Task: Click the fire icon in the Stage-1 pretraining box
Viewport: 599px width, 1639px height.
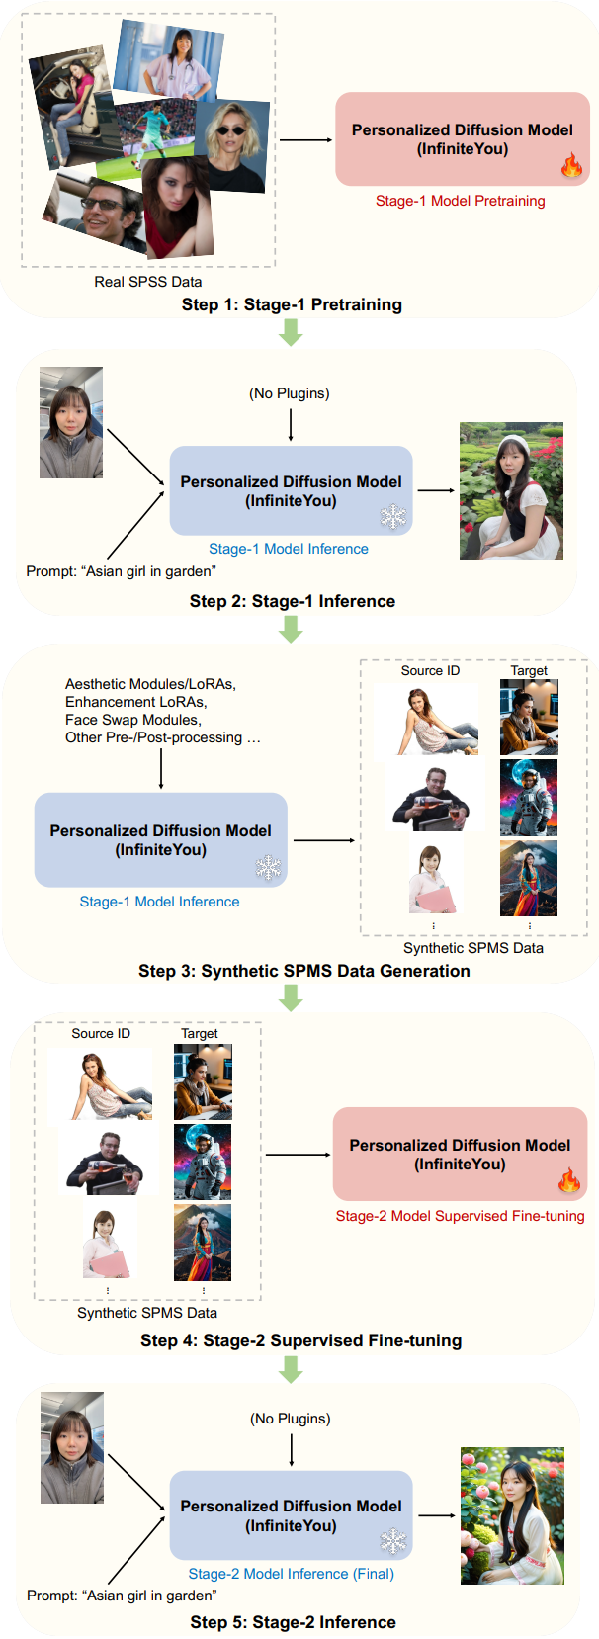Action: tap(571, 165)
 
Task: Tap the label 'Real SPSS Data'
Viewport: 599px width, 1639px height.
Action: tap(148, 282)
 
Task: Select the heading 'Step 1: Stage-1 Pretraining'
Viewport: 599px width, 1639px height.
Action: tap(292, 304)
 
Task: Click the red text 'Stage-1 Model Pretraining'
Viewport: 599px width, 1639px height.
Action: tap(460, 201)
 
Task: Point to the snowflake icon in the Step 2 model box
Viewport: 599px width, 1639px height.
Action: tap(393, 516)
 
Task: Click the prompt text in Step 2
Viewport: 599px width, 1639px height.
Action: tap(121, 571)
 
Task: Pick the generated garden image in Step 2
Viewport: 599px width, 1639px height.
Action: tap(511, 491)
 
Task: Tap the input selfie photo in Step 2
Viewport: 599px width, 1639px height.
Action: tap(71, 423)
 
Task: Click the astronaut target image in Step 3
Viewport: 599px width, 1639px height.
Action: tap(529, 797)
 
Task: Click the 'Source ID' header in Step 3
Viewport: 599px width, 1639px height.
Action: tap(430, 670)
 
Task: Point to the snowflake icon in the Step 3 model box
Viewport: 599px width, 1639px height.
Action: tap(268, 868)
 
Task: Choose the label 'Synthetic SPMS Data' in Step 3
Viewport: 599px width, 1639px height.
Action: tap(472, 948)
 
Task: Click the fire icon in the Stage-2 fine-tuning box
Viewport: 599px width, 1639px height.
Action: tap(569, 1180)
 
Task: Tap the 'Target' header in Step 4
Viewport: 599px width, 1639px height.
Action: tap(199, 1033)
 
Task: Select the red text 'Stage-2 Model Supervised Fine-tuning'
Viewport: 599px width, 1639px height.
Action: tap(460, 1216)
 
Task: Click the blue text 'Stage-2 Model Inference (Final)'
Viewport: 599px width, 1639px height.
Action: tap(291, 1574)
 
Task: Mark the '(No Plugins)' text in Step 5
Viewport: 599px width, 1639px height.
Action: tap(291, 1419)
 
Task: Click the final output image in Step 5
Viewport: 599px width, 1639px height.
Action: tap(512, 1515)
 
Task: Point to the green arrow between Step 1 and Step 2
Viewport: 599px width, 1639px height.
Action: tap(290, 333)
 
